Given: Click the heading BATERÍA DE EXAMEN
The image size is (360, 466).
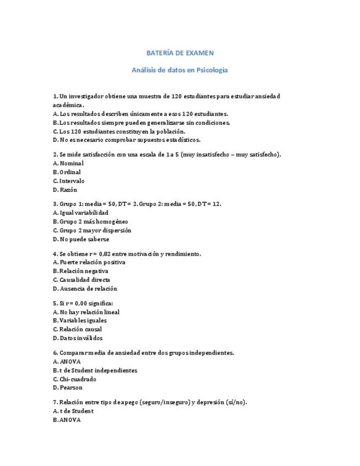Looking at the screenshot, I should tap(180, 53).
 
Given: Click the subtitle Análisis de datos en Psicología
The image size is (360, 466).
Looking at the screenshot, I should tap(180, 70).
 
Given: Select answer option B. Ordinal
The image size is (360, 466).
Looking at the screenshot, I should tap(67, 172).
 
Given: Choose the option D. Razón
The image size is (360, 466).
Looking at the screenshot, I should tap(65, 190).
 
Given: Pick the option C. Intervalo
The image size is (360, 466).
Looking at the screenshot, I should tap(69, 181).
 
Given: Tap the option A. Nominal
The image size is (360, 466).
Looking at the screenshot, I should tap(68, 163).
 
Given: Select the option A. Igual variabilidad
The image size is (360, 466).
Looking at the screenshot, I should tap(80, 213).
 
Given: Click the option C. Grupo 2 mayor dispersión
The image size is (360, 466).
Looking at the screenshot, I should tap(92, 230).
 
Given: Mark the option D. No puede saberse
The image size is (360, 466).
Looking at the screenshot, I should tap(81, 239).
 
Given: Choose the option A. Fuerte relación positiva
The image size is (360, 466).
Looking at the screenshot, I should tap(88, 262).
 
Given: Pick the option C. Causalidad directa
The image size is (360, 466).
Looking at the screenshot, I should tap(81, 280).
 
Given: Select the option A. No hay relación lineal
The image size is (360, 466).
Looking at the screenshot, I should tap(86, 312).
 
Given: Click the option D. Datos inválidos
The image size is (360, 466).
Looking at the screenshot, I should tap(77, 338).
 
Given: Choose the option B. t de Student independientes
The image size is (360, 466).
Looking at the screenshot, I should tap(95, 370).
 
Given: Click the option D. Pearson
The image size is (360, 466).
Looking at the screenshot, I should tap(68, 387).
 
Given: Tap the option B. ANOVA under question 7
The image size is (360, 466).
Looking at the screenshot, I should tap(67, 420).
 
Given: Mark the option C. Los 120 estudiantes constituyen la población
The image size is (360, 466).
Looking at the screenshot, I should tap(119, 131).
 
